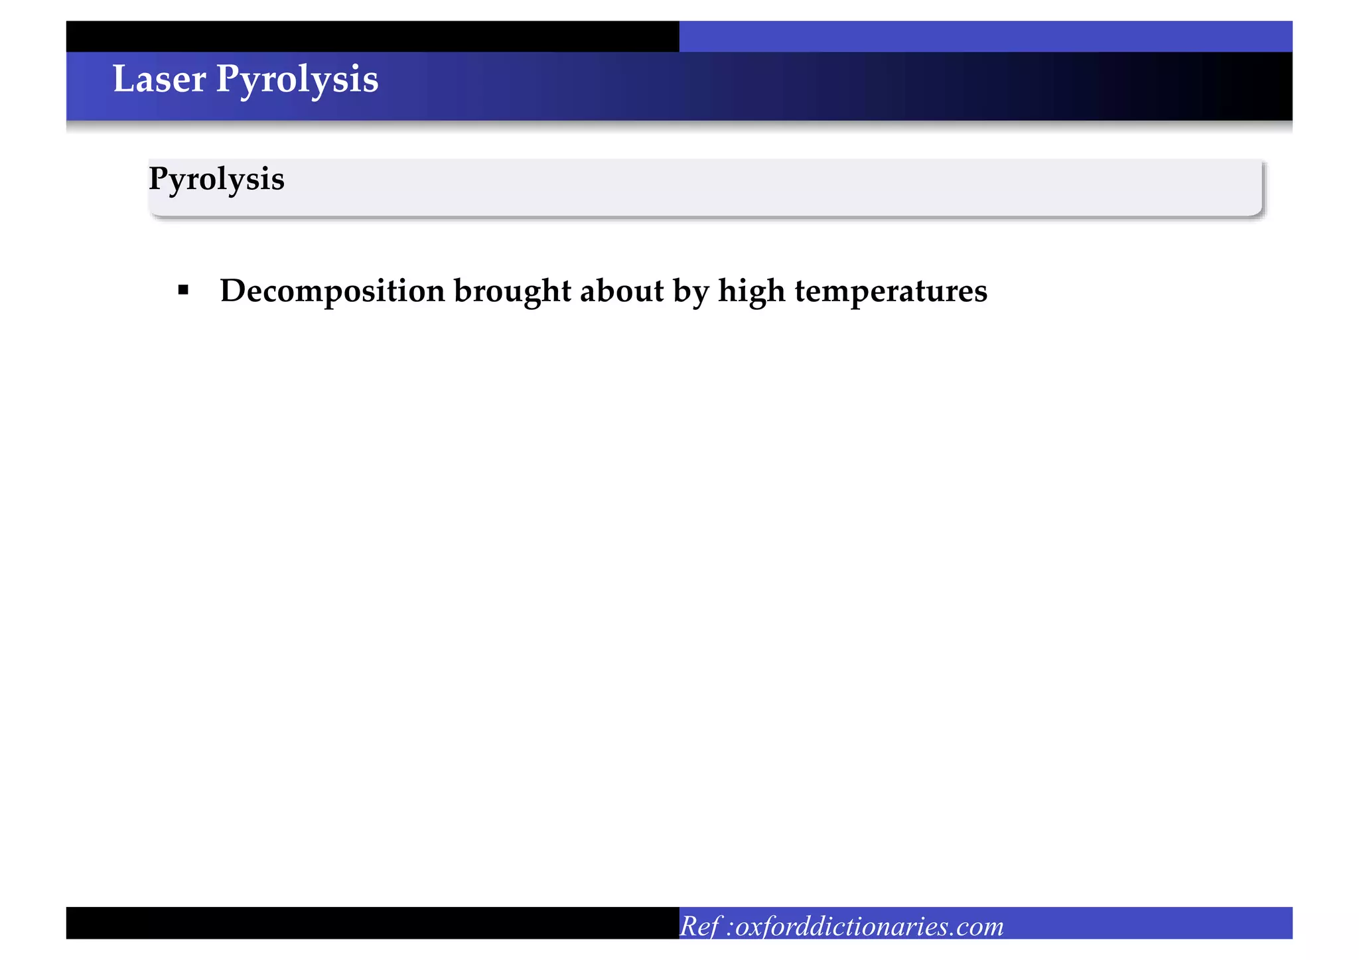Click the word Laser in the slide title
[159, 80]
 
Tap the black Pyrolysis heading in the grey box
[216, 180]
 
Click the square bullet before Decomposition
[184, 290]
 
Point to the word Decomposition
[332, 292]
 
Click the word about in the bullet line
[621, 291]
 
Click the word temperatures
[891, 292]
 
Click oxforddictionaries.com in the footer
[869, 926]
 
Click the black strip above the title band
[372, 36]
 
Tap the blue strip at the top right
[985, 36]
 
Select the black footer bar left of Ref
[372, 922]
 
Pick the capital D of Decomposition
[232, 291]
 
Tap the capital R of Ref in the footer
[689, 926]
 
